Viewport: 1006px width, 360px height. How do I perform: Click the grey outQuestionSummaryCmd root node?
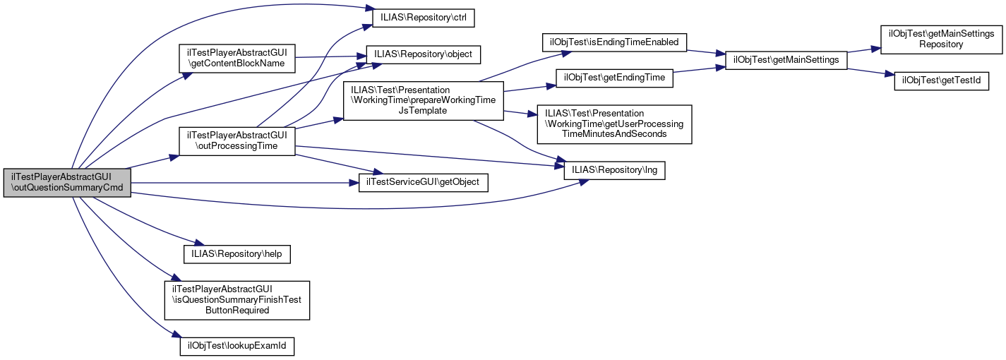click(67, 183)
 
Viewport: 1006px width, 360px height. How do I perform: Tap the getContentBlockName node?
click(236, 57)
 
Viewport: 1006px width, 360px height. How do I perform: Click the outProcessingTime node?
click(236, 140)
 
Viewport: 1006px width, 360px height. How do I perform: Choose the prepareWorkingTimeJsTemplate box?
click(423, 100)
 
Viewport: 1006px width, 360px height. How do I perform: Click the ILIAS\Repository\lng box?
click(614, 170)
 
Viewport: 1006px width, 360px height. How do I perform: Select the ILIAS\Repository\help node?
click(237, 253)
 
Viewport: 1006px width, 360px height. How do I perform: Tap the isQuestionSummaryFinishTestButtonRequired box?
click(237, 299)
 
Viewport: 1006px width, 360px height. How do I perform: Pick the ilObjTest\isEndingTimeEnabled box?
click(614, 42)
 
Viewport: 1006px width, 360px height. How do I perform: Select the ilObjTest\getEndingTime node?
click(614, 78)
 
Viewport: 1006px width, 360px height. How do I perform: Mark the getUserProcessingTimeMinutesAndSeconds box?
click(614, 124)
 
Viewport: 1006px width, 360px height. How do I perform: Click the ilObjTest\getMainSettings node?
click(782, 60)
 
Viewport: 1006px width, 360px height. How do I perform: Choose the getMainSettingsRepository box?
click(941, 39)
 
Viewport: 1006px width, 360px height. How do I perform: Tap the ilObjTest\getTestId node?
click(941, 80)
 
